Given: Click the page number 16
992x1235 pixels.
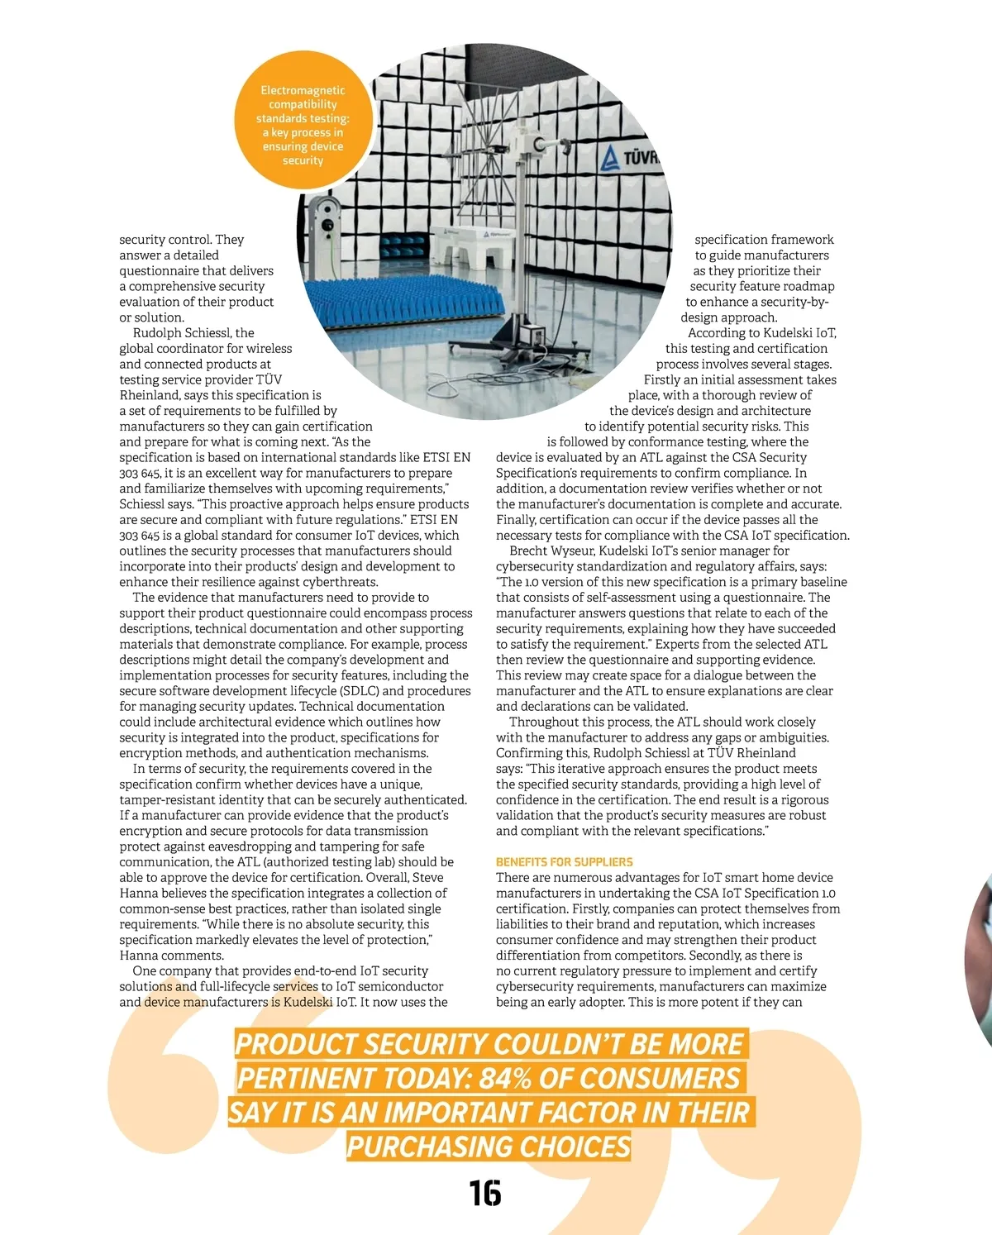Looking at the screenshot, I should coord(485,1194).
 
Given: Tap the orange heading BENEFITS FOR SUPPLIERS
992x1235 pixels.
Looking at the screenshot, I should coord(564,861).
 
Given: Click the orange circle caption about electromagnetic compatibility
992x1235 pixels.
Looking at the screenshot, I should coord(303,125).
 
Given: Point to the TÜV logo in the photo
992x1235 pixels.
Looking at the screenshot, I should coord(629,157).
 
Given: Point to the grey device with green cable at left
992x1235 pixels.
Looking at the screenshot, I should coord(325,223).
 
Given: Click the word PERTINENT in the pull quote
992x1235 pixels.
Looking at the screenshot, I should coord(306,1079).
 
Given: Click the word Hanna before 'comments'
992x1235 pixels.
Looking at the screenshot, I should coord(139,956).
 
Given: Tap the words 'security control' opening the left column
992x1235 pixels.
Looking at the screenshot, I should coord(165,240).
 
